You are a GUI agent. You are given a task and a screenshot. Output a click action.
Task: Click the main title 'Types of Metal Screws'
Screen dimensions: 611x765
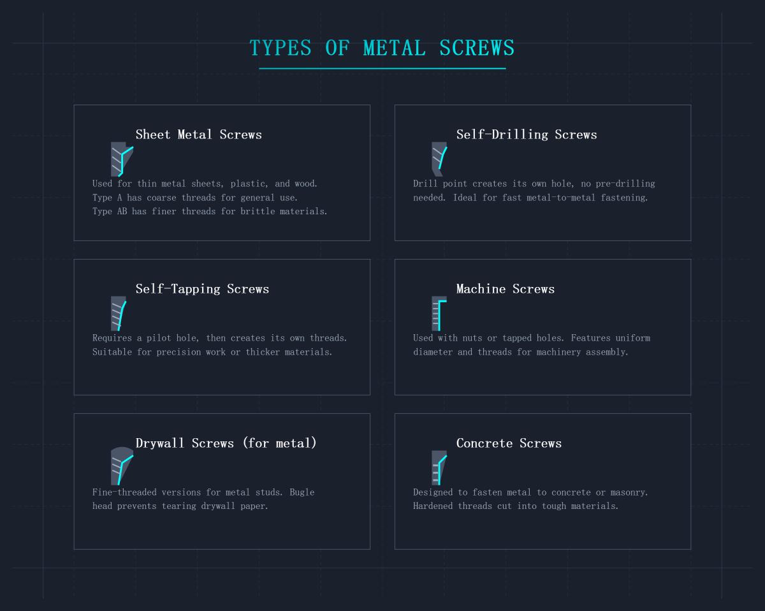382,48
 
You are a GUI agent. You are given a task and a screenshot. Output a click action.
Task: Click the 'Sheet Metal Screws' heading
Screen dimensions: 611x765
198,135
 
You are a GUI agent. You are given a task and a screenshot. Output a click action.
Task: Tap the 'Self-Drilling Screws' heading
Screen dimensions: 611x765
527,135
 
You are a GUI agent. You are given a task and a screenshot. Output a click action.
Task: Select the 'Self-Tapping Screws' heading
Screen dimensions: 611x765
202,289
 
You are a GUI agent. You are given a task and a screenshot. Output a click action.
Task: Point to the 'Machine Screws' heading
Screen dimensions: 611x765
506,289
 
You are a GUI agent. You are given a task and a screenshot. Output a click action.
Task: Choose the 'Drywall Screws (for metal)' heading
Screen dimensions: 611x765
226,443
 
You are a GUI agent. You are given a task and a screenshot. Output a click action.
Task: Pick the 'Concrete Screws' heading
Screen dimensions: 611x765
509,443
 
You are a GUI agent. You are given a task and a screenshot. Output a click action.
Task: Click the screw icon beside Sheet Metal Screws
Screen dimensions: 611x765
120,159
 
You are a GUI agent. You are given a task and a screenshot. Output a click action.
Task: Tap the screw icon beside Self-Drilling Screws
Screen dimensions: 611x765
439,159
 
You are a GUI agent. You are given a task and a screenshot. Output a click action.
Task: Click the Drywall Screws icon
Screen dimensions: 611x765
120,467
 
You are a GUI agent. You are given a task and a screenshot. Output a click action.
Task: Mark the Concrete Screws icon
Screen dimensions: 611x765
439,467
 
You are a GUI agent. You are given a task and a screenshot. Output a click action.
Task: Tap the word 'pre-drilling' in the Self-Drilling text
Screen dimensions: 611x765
624,184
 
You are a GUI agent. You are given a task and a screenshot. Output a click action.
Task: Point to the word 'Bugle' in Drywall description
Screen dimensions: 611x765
302,492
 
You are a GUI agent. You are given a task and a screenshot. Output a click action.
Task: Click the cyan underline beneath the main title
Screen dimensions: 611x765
382,68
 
